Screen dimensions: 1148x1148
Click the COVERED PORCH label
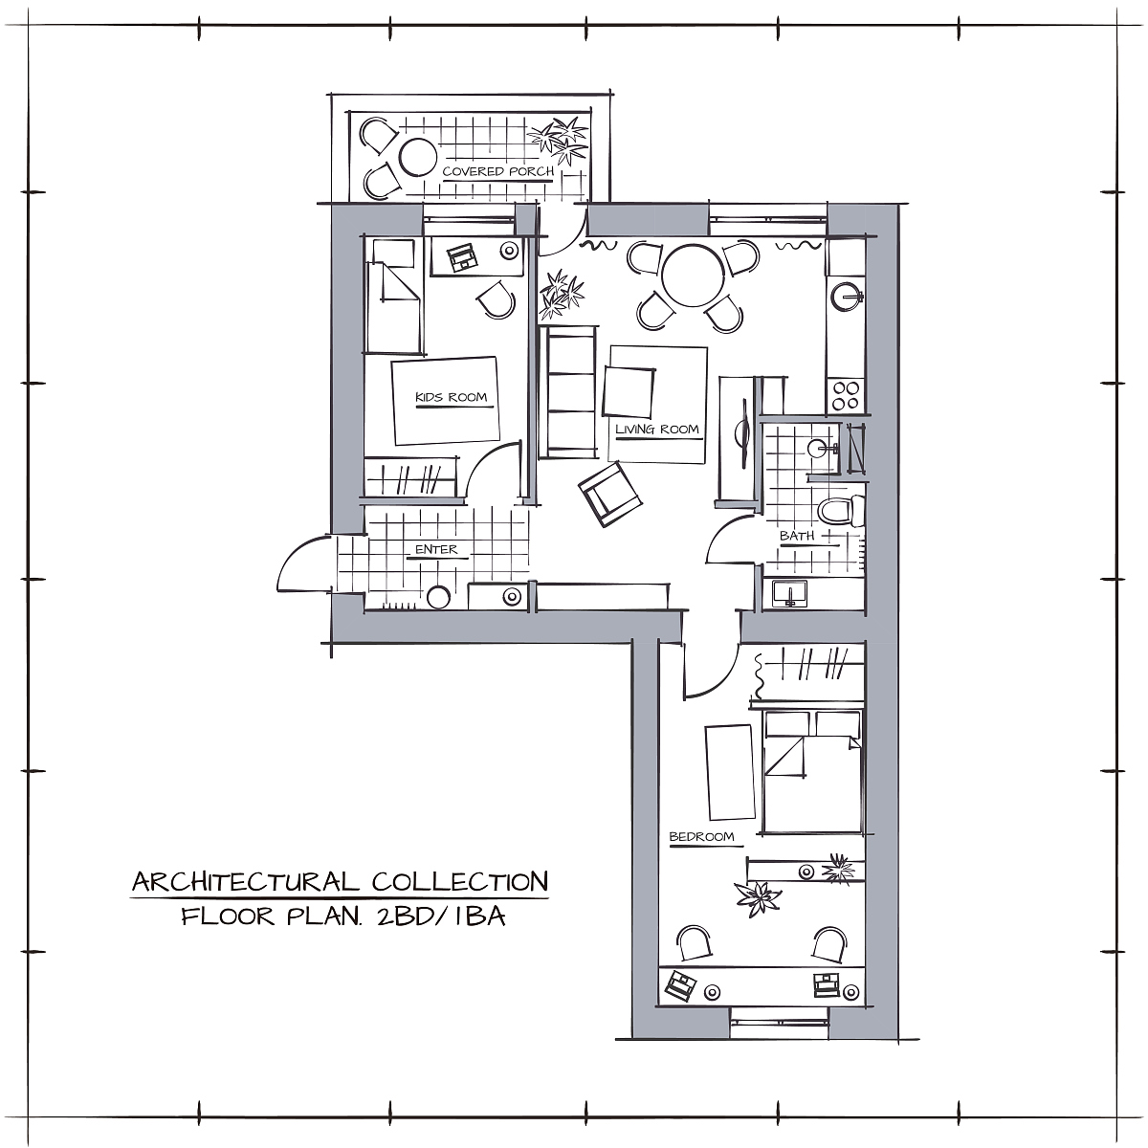pyautogui.click(x=498, y=171)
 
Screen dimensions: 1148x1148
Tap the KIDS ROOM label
pyautogui.click(x=451, y=397)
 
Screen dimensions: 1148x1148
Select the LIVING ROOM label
pyautogui.click(x=657, y=429)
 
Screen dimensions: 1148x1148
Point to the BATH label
pyautogui.click(x=797, y=536)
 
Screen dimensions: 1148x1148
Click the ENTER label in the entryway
pyautogui.click(x=436, y=549)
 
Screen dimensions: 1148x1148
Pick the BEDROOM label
pyautogui.click(x=702, y=837)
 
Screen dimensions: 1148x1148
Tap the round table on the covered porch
pyautogui.click(x=418, y=157)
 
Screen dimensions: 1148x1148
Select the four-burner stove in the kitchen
pyautogui.click(x=846, y=395)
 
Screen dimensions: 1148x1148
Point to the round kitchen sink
pyautogui.click(x=847, y=296)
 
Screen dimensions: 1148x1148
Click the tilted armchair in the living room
pyautogui.click(x=609, y=495)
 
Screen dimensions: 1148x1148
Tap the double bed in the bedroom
pyautogui.click(x=812, y=771)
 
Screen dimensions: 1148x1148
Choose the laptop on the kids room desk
pyautogui.click(x=462, y=257)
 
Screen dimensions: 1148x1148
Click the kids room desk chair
pyautogui.click(x=496, y=299)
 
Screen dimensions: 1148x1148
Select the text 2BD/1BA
pyautogui.click(x=441, y=916)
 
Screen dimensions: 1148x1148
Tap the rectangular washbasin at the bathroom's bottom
pyautogui.click(x=789, y=593)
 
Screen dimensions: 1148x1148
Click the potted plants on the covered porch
pyautogui.click(x=558, y=141)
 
